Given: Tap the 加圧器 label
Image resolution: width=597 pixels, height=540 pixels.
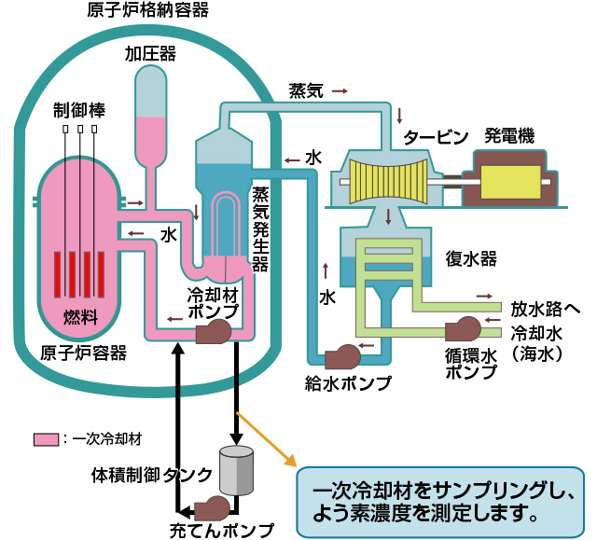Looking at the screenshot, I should [x=150, y=55].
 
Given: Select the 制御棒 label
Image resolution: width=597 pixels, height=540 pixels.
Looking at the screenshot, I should [x=79, y=110].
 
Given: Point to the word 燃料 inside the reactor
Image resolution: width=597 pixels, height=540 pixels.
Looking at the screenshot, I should [x=80, y=315].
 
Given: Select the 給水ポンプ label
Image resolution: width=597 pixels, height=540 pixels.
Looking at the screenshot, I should [x=348, y=381].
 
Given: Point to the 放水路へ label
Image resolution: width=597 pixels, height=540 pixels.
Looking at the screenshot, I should [x=546, y=307].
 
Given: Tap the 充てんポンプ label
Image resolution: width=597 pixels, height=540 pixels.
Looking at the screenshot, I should [x=222, y=531].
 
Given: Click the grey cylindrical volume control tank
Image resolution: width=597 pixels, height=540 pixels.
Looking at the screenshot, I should [x=236, y=471].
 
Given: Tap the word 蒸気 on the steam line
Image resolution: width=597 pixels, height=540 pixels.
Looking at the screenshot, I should [x=306, y=90].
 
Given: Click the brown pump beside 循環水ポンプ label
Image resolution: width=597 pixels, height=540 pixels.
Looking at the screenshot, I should [x=463, y=329].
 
